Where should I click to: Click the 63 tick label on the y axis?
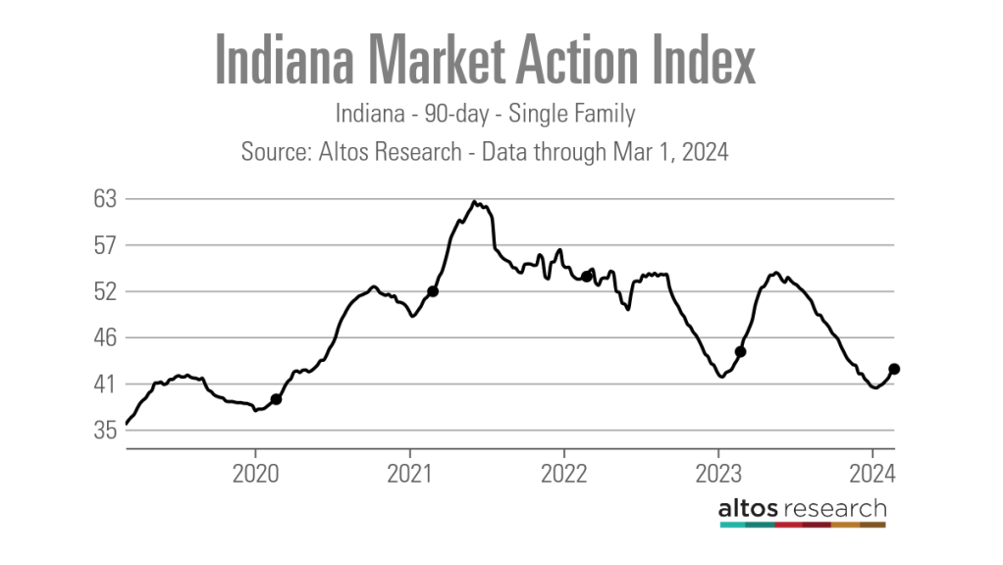click(105, 199)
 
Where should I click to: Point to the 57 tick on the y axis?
click(105, 245)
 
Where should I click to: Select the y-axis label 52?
click(105, 291)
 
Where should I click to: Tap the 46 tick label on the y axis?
click(105, 338)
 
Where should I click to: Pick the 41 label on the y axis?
click(105, 385)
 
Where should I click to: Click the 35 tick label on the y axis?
click(105, 431)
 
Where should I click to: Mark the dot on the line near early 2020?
click(277, 399)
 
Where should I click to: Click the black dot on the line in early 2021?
click(433, 291)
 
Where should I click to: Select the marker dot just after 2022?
click(586, 277)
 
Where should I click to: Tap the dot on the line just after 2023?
click(741, 351)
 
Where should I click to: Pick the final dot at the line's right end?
click(894, 369)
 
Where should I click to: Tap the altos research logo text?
click(802, 508)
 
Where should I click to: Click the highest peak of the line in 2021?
click(474, 202)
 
